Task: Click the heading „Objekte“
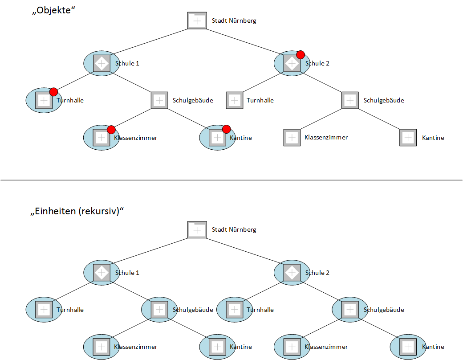tap(53, 10)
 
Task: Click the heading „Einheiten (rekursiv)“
tap(77, 211)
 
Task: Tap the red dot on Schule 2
tap(301, 55)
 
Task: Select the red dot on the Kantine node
tap(226, 129)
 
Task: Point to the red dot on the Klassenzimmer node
tap(111, 130)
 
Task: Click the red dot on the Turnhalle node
tap(53, 92)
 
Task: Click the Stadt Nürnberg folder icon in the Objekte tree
tap(197, 20)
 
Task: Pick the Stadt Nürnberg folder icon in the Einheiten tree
tap(197, 229)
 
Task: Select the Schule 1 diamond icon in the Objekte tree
tap(102, 63)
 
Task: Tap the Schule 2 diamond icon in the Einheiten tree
tap(292, 273)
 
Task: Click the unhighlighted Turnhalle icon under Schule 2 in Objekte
tap(235, 100)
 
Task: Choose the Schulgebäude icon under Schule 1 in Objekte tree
tap(159, 100)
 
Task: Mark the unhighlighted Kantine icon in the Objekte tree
tap(408, 137)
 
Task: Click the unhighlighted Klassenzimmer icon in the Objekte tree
tap(292, 137)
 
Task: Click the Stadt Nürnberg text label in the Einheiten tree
tap(234, 229)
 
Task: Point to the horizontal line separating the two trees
tap(231, 180)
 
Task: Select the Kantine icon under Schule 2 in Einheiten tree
tap(408, 347)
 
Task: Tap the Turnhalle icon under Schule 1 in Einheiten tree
tap(44, 310)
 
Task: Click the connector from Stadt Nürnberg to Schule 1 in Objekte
tap(150, 41)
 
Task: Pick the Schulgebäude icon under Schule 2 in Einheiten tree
tap(350, 310)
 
